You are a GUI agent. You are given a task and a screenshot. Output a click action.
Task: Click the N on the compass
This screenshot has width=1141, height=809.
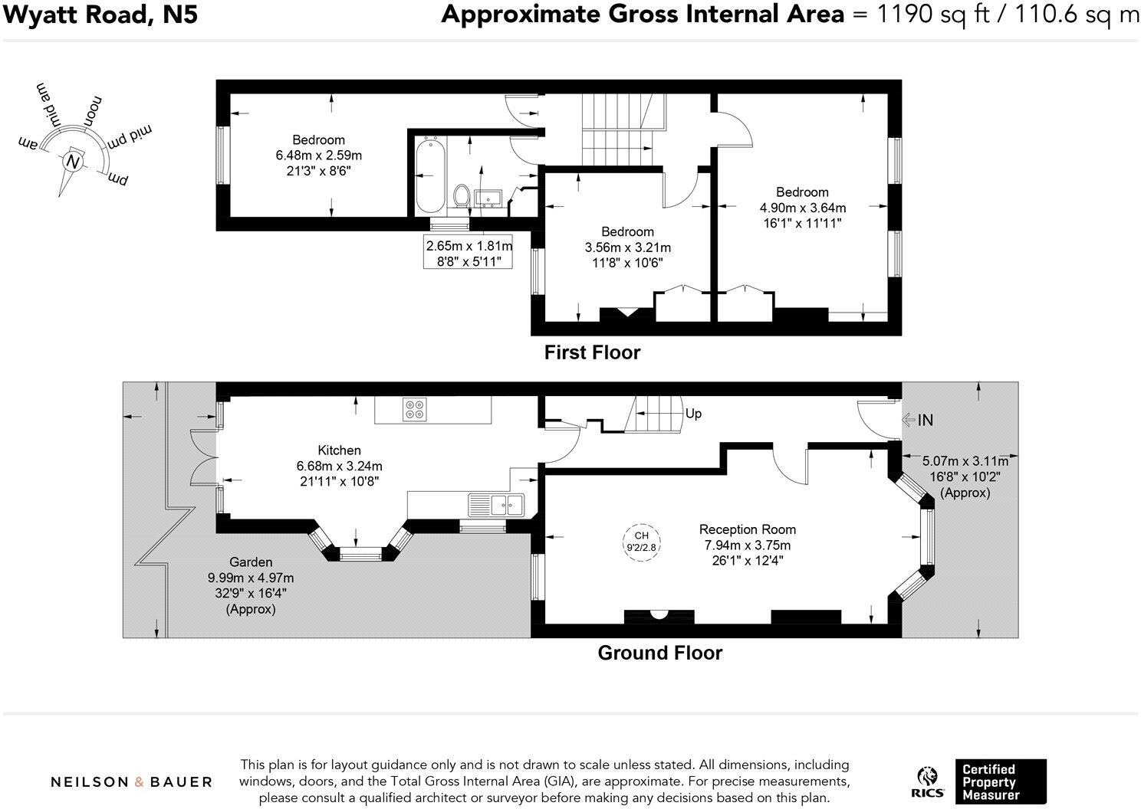(73, 162)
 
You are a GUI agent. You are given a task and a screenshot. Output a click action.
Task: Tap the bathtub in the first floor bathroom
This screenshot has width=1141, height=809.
(430, 176)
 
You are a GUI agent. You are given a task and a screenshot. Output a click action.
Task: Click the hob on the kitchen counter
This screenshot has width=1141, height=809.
(413, 410)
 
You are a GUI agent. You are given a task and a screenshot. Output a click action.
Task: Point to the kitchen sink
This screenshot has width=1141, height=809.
(496, 505)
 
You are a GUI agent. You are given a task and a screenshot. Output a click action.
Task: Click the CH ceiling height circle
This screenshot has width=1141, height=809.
(641, 542)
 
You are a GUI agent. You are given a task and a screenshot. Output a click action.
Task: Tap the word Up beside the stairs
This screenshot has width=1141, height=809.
(693, 414)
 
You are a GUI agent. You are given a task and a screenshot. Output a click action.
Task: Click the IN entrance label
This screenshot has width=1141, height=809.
(925, 420)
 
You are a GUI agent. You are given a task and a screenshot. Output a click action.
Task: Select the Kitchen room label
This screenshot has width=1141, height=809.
(339, 450)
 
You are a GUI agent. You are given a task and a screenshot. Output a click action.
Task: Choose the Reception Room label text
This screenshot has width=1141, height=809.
(748, 529)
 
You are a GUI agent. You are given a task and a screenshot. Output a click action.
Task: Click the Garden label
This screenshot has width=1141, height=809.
(251, 562)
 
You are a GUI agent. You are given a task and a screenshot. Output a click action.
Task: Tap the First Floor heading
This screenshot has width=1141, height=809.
(592, 352)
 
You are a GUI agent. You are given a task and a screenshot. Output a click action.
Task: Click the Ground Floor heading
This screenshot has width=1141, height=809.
(659, 653)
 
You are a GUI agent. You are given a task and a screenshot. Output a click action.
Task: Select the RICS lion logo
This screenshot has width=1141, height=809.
(927, 782)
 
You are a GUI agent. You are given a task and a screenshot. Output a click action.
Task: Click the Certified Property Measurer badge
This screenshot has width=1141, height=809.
(1001, 781)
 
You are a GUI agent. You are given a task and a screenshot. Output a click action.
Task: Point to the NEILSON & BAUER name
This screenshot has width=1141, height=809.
(131, 781)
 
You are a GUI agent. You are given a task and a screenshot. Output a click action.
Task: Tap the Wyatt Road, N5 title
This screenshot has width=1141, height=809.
(100, 15)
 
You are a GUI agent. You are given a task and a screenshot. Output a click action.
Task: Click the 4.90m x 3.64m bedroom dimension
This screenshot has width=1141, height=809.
(803, 208)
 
